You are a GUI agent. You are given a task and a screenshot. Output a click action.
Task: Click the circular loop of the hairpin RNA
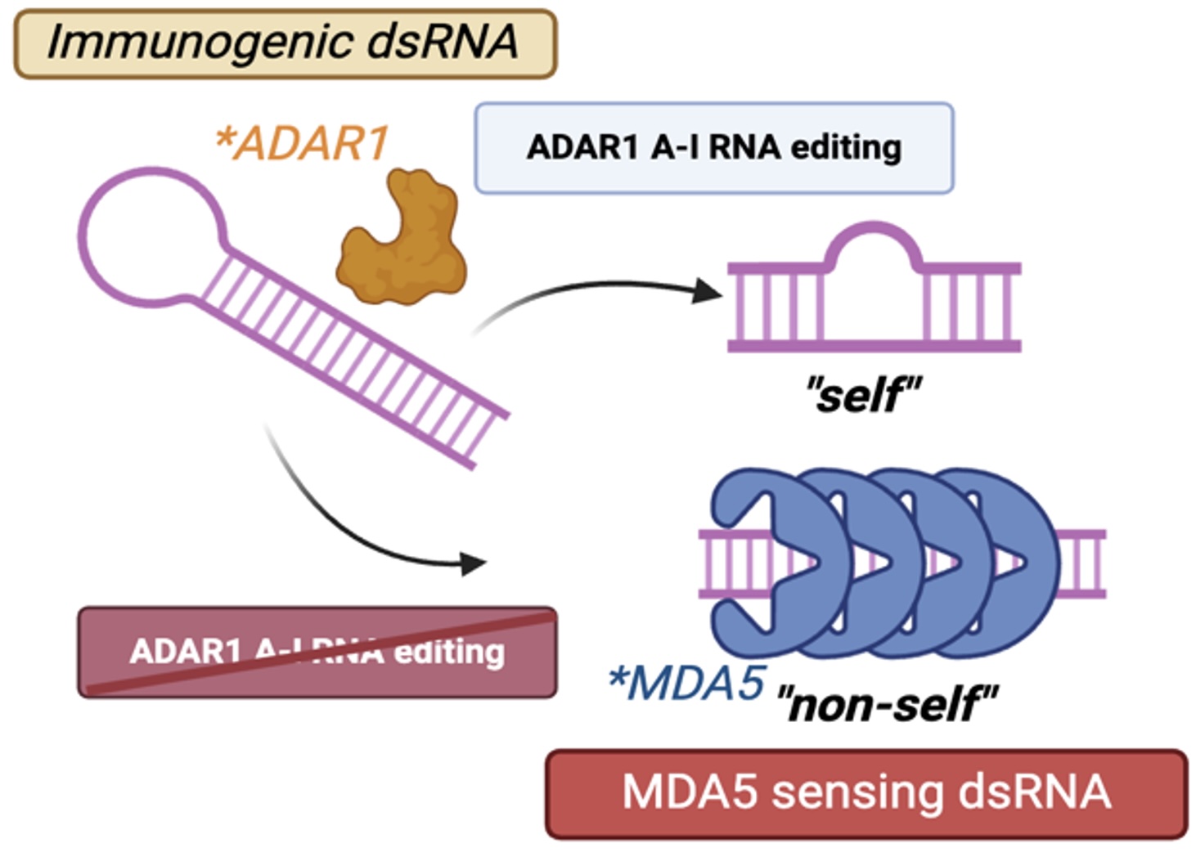(x=152, y=237)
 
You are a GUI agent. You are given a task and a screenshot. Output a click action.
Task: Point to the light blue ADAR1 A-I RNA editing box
(x=713, y=148)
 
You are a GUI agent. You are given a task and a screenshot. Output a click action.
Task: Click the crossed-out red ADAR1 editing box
(x=317, y=652)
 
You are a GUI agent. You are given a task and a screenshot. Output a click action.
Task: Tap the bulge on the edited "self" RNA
(x=873, y=249)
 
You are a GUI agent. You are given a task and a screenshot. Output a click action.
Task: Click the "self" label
(x=863, y=395)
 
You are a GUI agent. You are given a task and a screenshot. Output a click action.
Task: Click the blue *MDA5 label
(x=687, y=683)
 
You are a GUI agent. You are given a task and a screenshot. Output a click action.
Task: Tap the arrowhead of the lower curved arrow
(x=473, y=563)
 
